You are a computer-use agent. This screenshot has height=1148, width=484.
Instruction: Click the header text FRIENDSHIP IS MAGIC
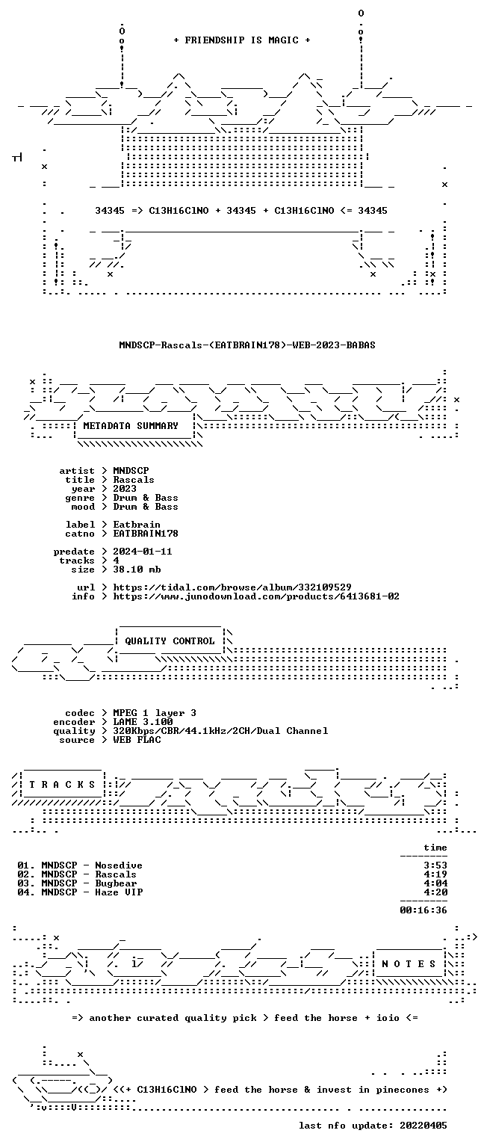(242, 40)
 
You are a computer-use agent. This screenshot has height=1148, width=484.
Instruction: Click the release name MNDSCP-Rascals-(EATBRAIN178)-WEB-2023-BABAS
(247, 345)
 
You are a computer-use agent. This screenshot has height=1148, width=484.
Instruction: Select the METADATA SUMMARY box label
(131, 426)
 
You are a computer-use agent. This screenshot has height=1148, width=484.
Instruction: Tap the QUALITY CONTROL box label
(170, 641)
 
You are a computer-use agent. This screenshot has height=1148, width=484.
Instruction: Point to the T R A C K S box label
(63, 785)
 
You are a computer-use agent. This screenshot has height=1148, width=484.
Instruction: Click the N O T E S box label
(409, 964)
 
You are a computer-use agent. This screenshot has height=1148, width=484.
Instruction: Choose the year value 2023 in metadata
(125, 488)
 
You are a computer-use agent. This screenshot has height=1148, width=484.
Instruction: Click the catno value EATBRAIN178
(146, 534)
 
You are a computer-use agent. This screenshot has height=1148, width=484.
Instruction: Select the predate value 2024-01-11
(143, 552)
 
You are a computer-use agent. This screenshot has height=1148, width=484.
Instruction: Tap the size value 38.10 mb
(137, 570)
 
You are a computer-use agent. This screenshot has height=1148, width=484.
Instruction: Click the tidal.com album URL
(232, 587)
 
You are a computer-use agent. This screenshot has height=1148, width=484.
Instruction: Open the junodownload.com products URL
(256, 596)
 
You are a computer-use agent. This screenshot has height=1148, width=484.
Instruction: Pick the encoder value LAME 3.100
(143, 722)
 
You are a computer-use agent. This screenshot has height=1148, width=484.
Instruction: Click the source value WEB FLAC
(137, 740)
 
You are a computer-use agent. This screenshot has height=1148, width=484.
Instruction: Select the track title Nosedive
(119, 865)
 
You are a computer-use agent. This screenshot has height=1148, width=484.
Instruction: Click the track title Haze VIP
(119, 892)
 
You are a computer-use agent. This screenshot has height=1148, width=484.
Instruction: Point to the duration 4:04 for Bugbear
(435, 883)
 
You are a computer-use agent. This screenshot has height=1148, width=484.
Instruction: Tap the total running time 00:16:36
(423, 910)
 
